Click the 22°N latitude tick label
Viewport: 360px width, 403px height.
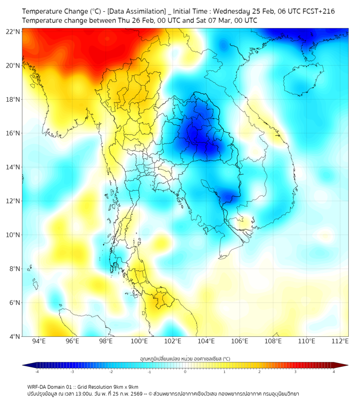(x=13, y=31)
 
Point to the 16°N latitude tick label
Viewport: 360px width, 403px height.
(x=13, y=133)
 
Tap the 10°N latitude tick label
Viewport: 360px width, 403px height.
(x=13, y=235)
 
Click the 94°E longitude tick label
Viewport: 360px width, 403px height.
(x=39, y=341)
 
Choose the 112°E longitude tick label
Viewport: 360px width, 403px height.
(x=340, y=341)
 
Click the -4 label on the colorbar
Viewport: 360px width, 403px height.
(x=37, y=372)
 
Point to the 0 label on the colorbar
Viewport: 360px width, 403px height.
(x=185, y=372)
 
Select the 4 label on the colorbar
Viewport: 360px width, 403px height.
(x=334, y=372)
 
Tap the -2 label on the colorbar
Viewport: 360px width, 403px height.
(x=111, y=372)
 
